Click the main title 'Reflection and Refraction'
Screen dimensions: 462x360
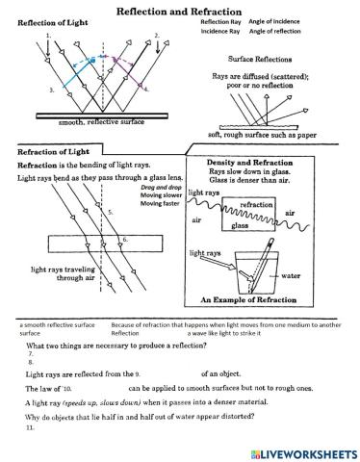coord(180,8)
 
